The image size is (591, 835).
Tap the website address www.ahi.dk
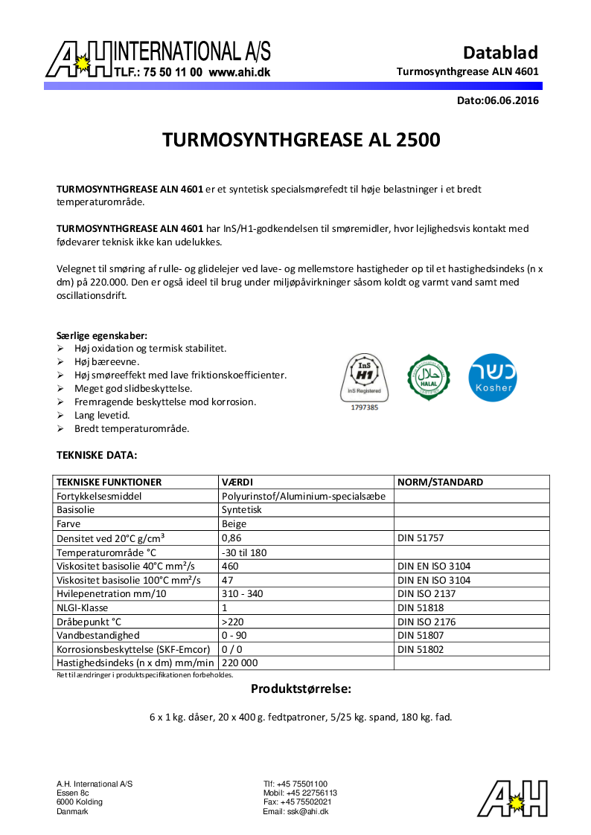(239, 73)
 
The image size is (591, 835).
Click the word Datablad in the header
(500, 53)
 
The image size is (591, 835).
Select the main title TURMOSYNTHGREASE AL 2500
(301, 141)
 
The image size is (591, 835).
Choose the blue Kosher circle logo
(492, 377)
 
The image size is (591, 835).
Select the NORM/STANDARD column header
(440, 482)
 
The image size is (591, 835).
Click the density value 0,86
(231, 538)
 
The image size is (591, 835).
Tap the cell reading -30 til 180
(244, 552)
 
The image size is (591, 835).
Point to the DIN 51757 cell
(421, 538)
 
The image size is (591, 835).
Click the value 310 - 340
(243, 593)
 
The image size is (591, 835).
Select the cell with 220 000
(240, 663)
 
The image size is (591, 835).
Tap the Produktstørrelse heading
(301, 689)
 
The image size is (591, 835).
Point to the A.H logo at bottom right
(513, 799)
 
